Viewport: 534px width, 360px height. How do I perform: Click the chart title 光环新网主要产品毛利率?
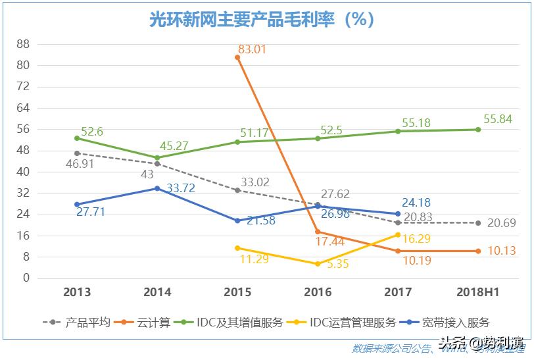click(262, 20)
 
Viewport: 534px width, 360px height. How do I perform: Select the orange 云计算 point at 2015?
click(237, 57)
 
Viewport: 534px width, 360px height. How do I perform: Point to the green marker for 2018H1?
click(478, 130)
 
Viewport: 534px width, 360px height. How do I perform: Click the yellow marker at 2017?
click(398, 235)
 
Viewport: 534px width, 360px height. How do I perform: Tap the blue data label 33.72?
click(181, 188)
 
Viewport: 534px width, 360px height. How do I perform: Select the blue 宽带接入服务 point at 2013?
click(77, 205)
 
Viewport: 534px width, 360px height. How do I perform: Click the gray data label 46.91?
click(79, 164)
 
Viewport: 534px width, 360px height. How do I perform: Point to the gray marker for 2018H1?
click(478, 223)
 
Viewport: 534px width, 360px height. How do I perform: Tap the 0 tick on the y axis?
click(26, 278)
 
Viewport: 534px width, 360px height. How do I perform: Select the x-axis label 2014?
click(157, 292)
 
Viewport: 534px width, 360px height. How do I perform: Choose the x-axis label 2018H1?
click(478, 292)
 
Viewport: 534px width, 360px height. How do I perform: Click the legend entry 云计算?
click(153, 322)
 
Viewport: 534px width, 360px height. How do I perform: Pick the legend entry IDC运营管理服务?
click(352, 322)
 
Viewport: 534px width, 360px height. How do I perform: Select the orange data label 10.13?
click(502, 251)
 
